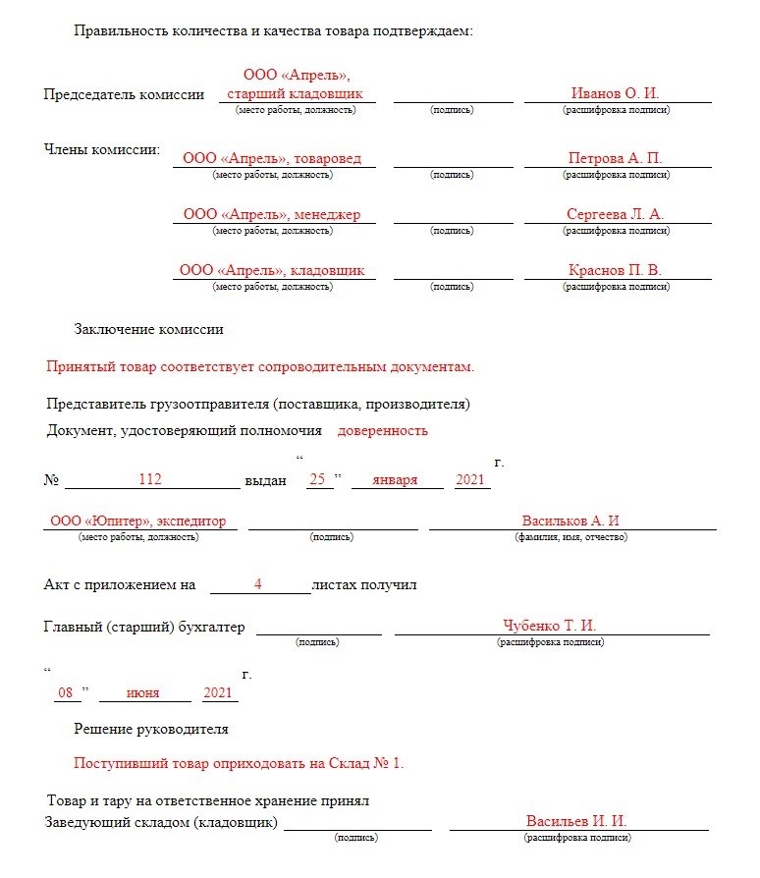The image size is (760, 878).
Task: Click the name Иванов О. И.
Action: click(615, 93)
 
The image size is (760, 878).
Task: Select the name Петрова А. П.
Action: click(615, 158)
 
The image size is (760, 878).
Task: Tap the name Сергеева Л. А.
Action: click(615, 214)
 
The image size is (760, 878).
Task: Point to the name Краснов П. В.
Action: click(615, 270)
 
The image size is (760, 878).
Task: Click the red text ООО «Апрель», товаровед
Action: click(272, 158)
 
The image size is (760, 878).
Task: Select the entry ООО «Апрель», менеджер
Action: click(272, 214)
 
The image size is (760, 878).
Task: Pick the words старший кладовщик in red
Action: click(295, 93)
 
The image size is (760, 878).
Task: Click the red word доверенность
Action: click(383, 430)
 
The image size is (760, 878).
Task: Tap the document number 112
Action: click(149, 479)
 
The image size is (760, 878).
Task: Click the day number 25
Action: click(317, 479)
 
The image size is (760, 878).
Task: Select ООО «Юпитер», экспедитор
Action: click(138, 521)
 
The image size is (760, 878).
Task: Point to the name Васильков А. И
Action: click(570, 521)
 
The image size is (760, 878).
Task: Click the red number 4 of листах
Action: click(257, 584)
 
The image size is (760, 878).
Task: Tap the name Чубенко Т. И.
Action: click(550, 626)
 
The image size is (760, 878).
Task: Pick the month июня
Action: click(143, 693)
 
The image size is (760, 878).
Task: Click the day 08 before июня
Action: click(66, 693)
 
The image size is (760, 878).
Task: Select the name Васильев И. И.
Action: click(576, 821)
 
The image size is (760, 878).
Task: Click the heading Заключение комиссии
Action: click(148, 330)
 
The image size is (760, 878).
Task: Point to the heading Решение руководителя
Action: click(151, 729)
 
